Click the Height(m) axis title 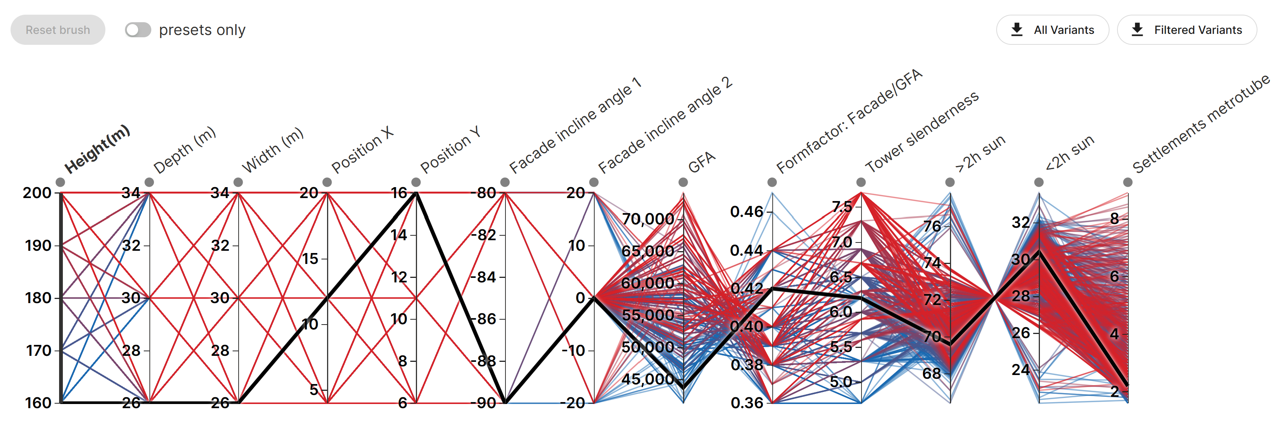click(x=97, y=149)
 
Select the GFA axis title click(x=701, y=162)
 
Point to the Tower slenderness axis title click(x=922, y=132)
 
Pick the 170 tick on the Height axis click(x=38, y=351)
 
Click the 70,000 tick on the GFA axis click(x=648, y=219)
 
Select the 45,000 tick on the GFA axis click(x=648, y=379)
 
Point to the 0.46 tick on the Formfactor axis click(x=747, y=212)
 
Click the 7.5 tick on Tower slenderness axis click(x=842, y=206)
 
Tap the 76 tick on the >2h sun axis click(x=932, y=226)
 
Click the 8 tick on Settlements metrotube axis click(x=1115, y=218)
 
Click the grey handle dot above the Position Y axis click(x=416, y=183)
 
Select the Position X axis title click(x=362, y=149)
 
